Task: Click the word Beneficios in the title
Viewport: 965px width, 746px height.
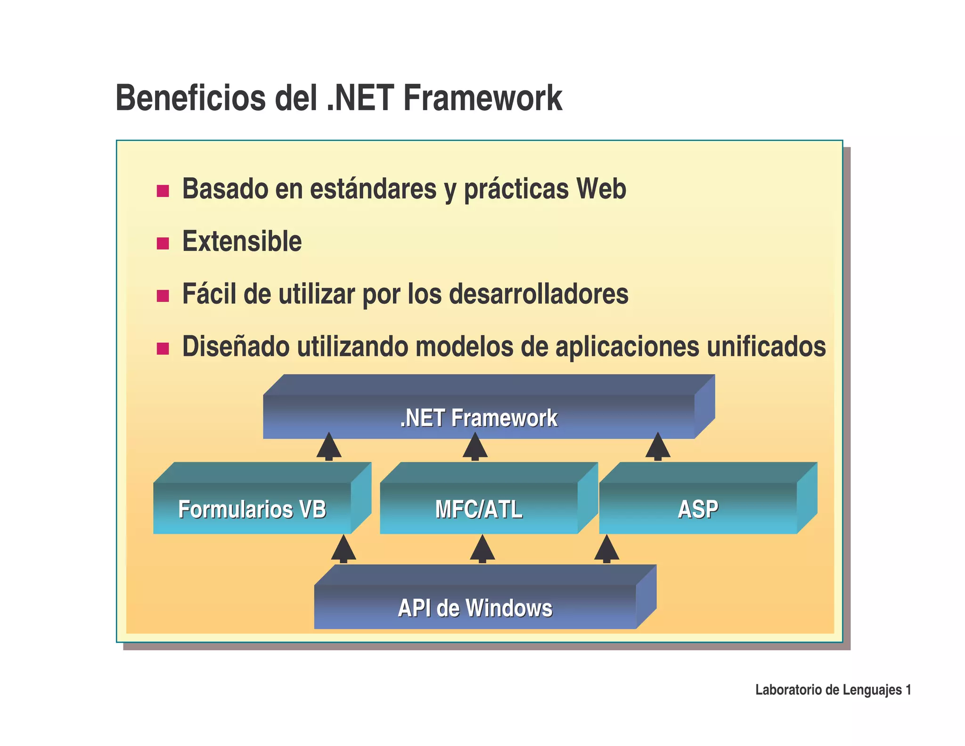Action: (x=190, y=98)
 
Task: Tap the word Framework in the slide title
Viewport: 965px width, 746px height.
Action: (x=482, y=98)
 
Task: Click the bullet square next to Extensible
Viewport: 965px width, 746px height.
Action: (x=163, y=243)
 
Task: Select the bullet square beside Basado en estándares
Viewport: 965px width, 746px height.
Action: (x=163, y=191)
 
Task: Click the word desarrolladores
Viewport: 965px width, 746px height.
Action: (x=539, y=294)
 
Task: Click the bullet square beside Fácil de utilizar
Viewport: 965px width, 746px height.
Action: (x=163, y=296)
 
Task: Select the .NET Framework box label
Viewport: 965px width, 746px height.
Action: (x=478, y=418)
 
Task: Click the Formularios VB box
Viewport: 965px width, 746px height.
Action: (x=252, y=509)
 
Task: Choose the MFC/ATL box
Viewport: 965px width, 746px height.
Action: (x=479, y=509)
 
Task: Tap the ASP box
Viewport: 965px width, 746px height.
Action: (x=698, y=509)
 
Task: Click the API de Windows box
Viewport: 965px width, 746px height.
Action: (x=475, y=608)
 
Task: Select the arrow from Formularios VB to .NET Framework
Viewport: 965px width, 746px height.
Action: (x=329, y=447)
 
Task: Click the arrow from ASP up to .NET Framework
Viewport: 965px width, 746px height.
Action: (x=658, y=447)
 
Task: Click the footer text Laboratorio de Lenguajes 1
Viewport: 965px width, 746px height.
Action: (x=833, y=690)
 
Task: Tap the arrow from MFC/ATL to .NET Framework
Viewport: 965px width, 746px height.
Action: (x=475, y=447)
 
